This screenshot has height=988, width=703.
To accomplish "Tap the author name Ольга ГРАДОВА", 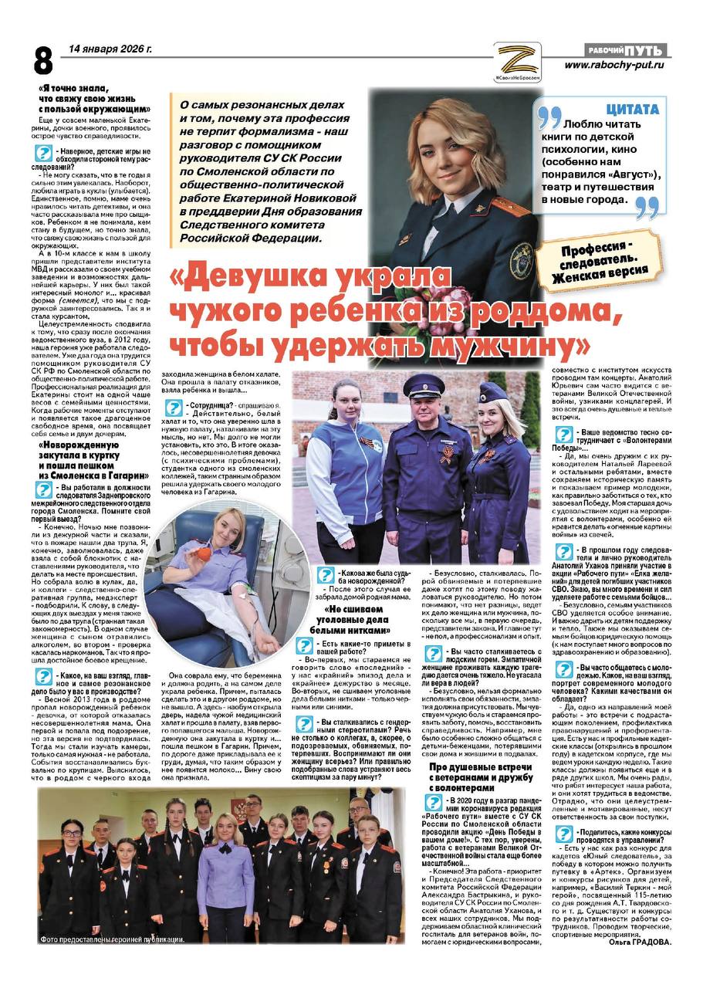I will (x=640, y=942).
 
